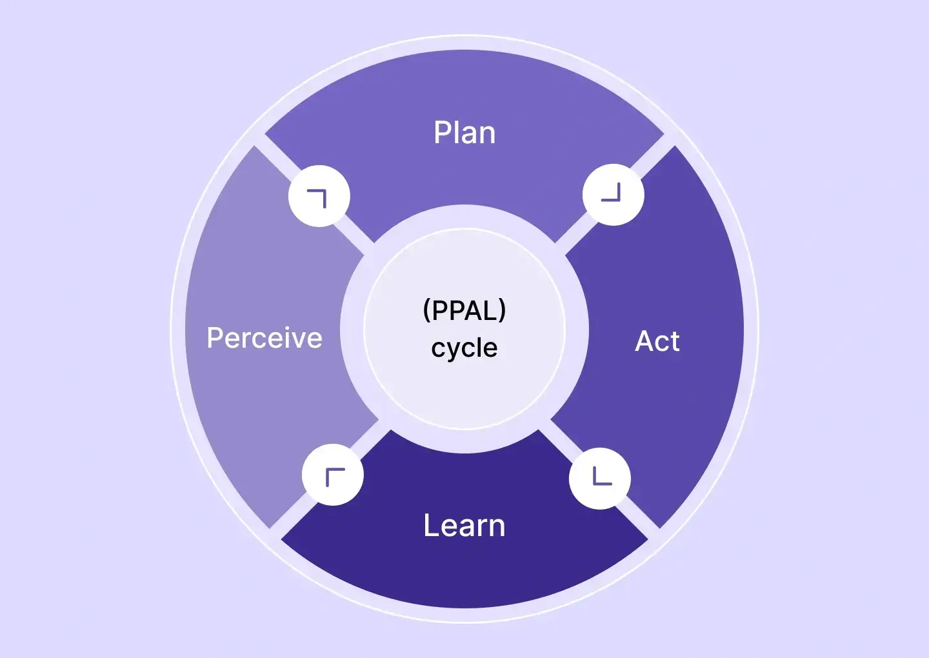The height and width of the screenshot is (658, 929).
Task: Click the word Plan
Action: [x=464, y=133]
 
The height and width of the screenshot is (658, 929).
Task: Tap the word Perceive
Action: [x=265, y=338]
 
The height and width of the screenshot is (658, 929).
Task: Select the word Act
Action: [x=657, y=341]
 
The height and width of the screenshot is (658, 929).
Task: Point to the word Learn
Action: [x=464, y=526]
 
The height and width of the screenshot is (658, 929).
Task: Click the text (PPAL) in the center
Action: [x=464, y=310]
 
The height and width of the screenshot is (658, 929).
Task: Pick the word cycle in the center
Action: [x=464, y=348]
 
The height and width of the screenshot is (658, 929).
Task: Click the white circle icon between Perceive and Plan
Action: [x=319, y=196]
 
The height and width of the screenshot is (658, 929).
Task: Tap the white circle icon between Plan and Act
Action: [x=613, y=195]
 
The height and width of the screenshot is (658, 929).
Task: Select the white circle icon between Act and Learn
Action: [x=600, y=478]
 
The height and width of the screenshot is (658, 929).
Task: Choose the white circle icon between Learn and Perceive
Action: [x=333, y=475]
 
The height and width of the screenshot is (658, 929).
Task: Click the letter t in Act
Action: [x=674, y=341]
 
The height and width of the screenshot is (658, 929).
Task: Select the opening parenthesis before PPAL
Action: [x=426, y=310]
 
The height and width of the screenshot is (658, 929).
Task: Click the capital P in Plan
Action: [x=441, y=133]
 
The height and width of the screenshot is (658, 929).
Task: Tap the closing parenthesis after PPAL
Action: [x=503, y=310]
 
